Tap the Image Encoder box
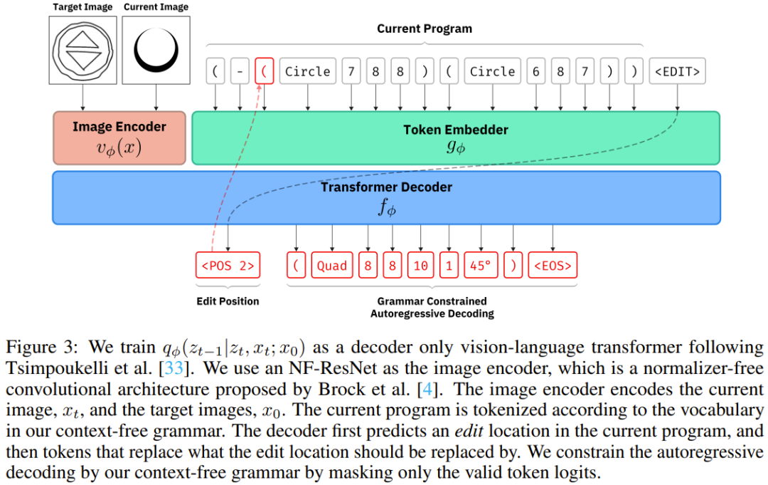pyautogui.click(x=119, y=137)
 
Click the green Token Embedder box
pyautogui.click(x=456, y=137)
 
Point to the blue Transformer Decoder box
pyautogui.click(x=386, y=197)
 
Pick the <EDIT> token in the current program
pyautogui.click(x=677, y=71)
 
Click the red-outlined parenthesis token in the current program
pyautogui.click(x=264, y=71)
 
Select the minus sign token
pyautogui.click(x=240, y=71)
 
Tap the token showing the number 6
pyautogui.click(x=535, y=71)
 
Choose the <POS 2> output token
pyautogui.click(x=228, y=266)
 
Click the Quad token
pyautogui.click(x=331, y=266)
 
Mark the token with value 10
pyautogui.click(x=420, y=266)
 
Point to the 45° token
pyautogui.click(x=481, y=266)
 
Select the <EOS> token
pyautogui.click(x=551, y=266)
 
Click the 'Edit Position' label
pyautogui.click(x=228, y=301)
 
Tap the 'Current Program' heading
pyautogui.click(x=424, y=29)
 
